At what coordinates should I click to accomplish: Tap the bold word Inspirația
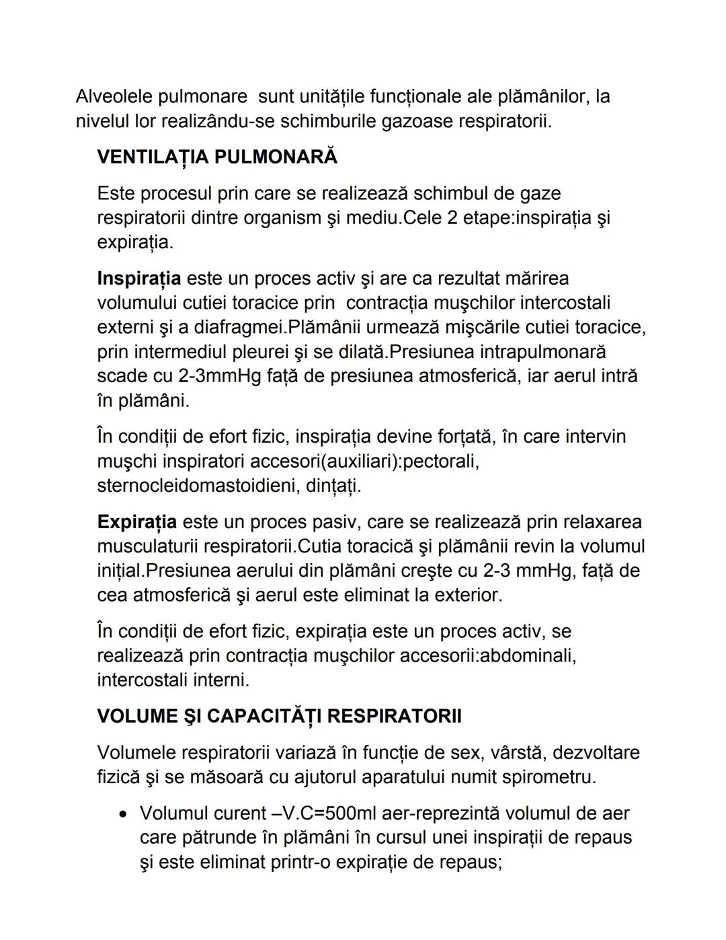tap(138, 279)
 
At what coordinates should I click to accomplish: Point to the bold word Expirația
tap(136, 522)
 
